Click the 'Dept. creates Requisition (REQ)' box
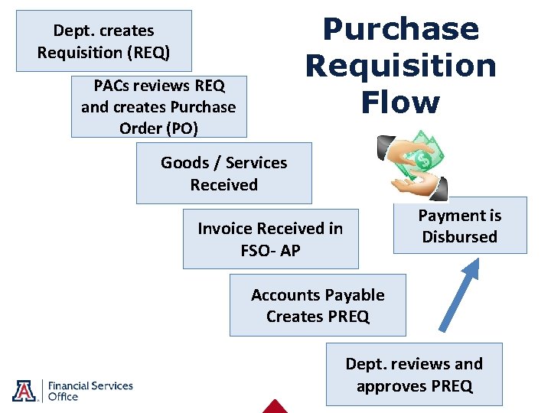point(103,41)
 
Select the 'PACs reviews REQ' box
point(158,106)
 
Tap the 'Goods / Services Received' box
point(223,173)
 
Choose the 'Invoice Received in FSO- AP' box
point(270,239)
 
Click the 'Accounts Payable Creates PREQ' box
point(318,305)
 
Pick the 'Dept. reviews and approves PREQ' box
point(414,374)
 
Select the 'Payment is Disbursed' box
point(459,226)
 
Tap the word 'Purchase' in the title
point(400,29)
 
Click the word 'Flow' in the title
point(401,102)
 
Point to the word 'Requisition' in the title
point(400,66)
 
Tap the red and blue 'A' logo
point(24,390)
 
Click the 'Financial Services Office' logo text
point(90,391)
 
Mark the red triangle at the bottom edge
point(274,407)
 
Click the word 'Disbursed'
point(459,237)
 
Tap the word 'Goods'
point(184,162)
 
